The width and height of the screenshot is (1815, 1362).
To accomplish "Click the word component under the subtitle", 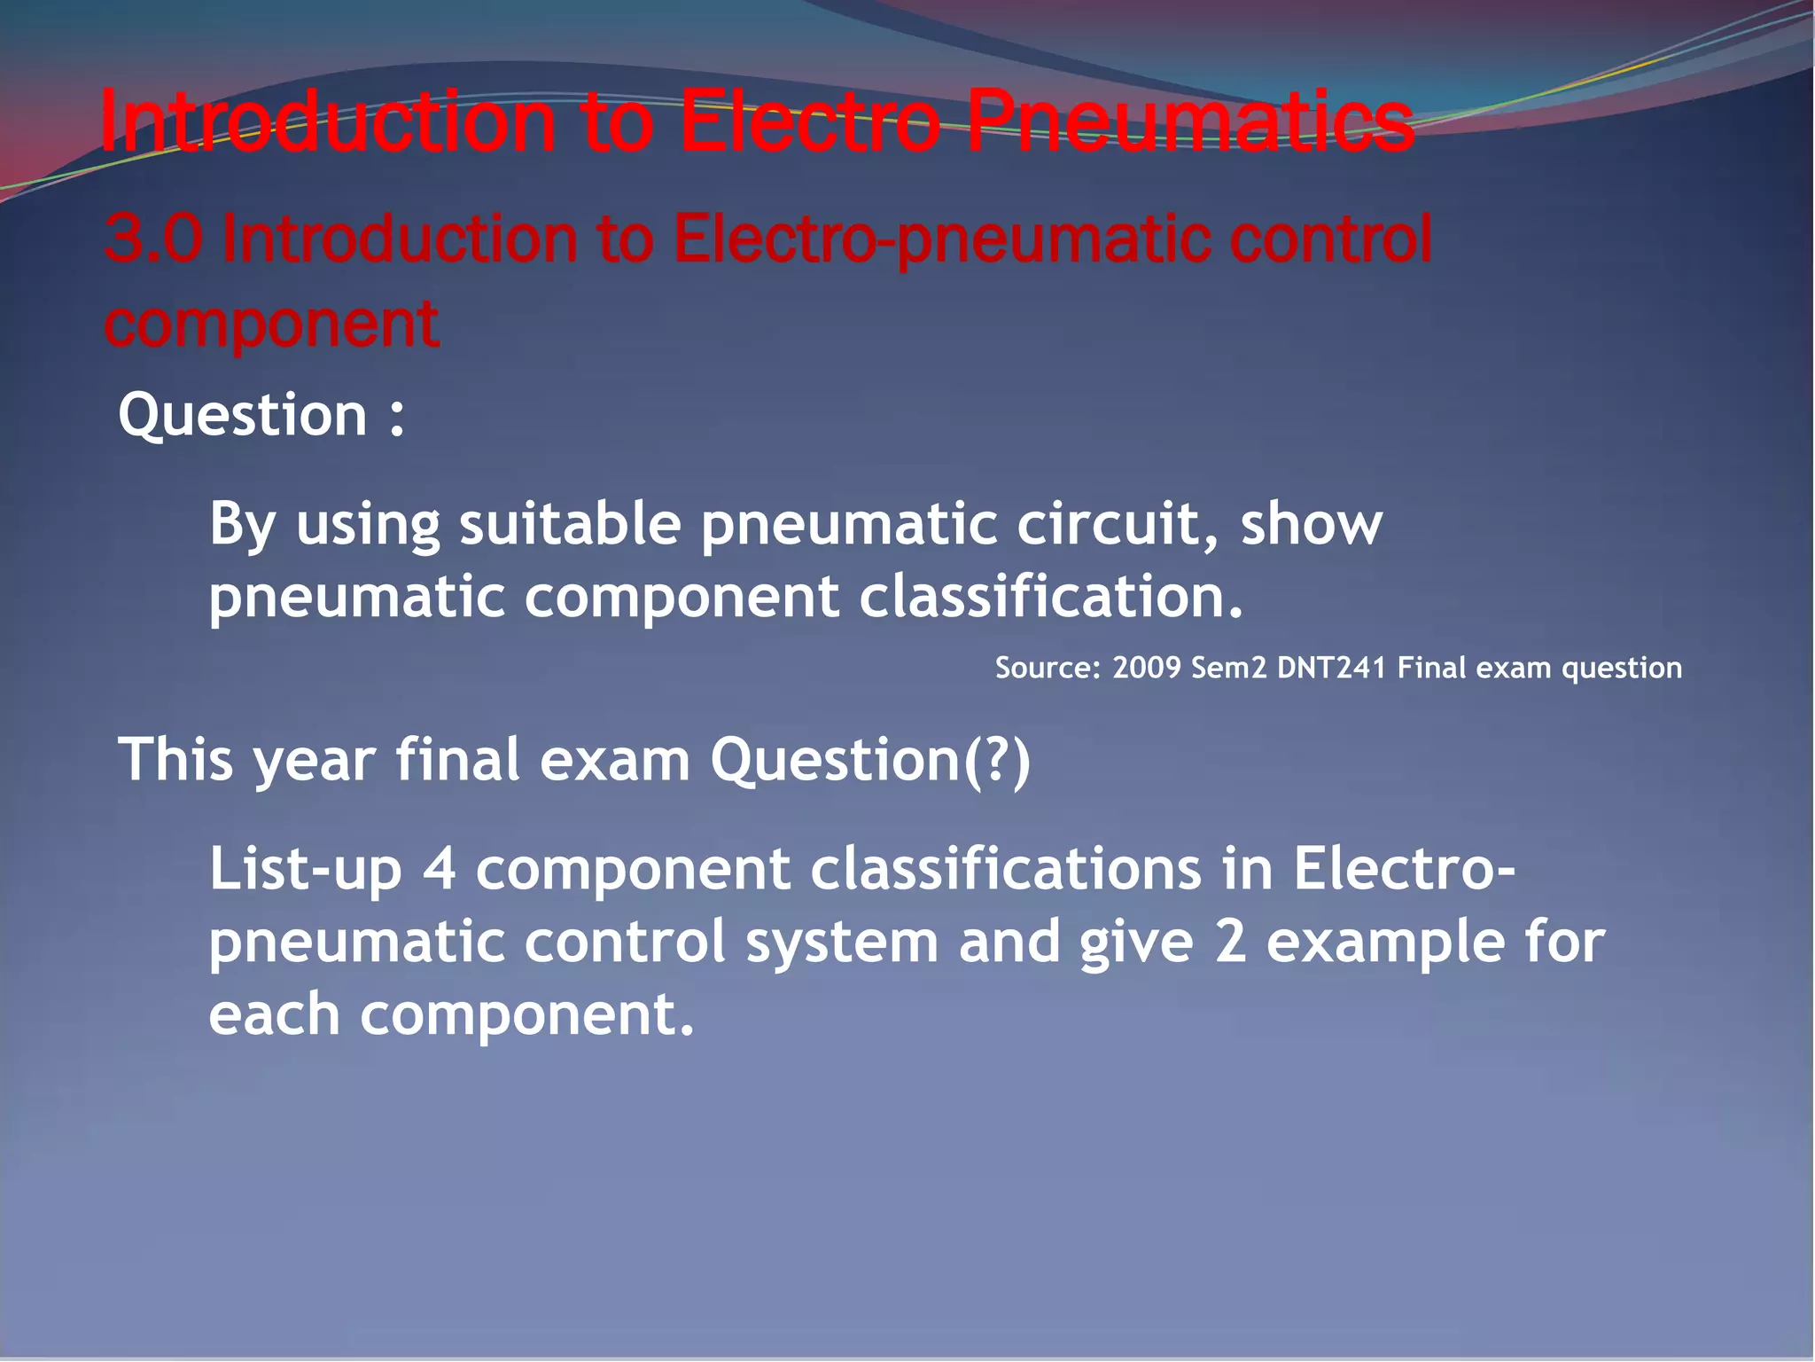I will [x=271, y=325].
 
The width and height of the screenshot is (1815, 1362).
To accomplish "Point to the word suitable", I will [x=570, y=523].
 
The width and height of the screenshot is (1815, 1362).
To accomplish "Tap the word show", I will [x=1311, y=523].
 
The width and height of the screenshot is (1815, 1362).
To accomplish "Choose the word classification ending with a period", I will [x=1051, y=596].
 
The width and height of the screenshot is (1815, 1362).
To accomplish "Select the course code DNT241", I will [x=1331, y=668].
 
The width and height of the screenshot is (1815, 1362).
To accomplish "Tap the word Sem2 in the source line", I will [x=1228, y=668].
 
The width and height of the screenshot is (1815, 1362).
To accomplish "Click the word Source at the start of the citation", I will [x=1047, y=668].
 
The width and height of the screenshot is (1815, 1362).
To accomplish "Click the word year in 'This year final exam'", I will [x=315, y=761].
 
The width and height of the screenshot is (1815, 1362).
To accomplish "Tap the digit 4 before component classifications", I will [x=440, y=869].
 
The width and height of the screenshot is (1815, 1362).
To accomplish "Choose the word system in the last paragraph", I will [x=842, y=942].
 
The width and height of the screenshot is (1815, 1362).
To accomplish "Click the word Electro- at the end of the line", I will [x=1404, y=869].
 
